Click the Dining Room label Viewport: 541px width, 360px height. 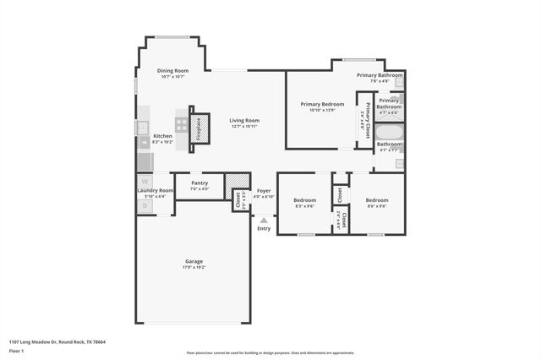point(172,71)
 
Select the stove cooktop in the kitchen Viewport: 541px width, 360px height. point(182,122)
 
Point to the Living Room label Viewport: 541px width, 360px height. point(244,121)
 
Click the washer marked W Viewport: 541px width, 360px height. point(145,182)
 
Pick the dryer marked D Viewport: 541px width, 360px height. point(145,205)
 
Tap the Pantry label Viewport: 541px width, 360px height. point(199,183)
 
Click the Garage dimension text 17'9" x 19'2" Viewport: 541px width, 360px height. point(194,267)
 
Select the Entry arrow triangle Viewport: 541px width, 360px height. point(264,220)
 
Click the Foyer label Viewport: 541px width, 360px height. point(264,191)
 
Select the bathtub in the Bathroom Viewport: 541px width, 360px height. point(389,133)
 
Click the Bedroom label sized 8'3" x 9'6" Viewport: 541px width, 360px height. point(304,200)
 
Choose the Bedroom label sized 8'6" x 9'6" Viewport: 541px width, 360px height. point(376,200)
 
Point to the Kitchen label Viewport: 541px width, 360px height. point(162,136)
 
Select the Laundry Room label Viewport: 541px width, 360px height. point(155,191)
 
